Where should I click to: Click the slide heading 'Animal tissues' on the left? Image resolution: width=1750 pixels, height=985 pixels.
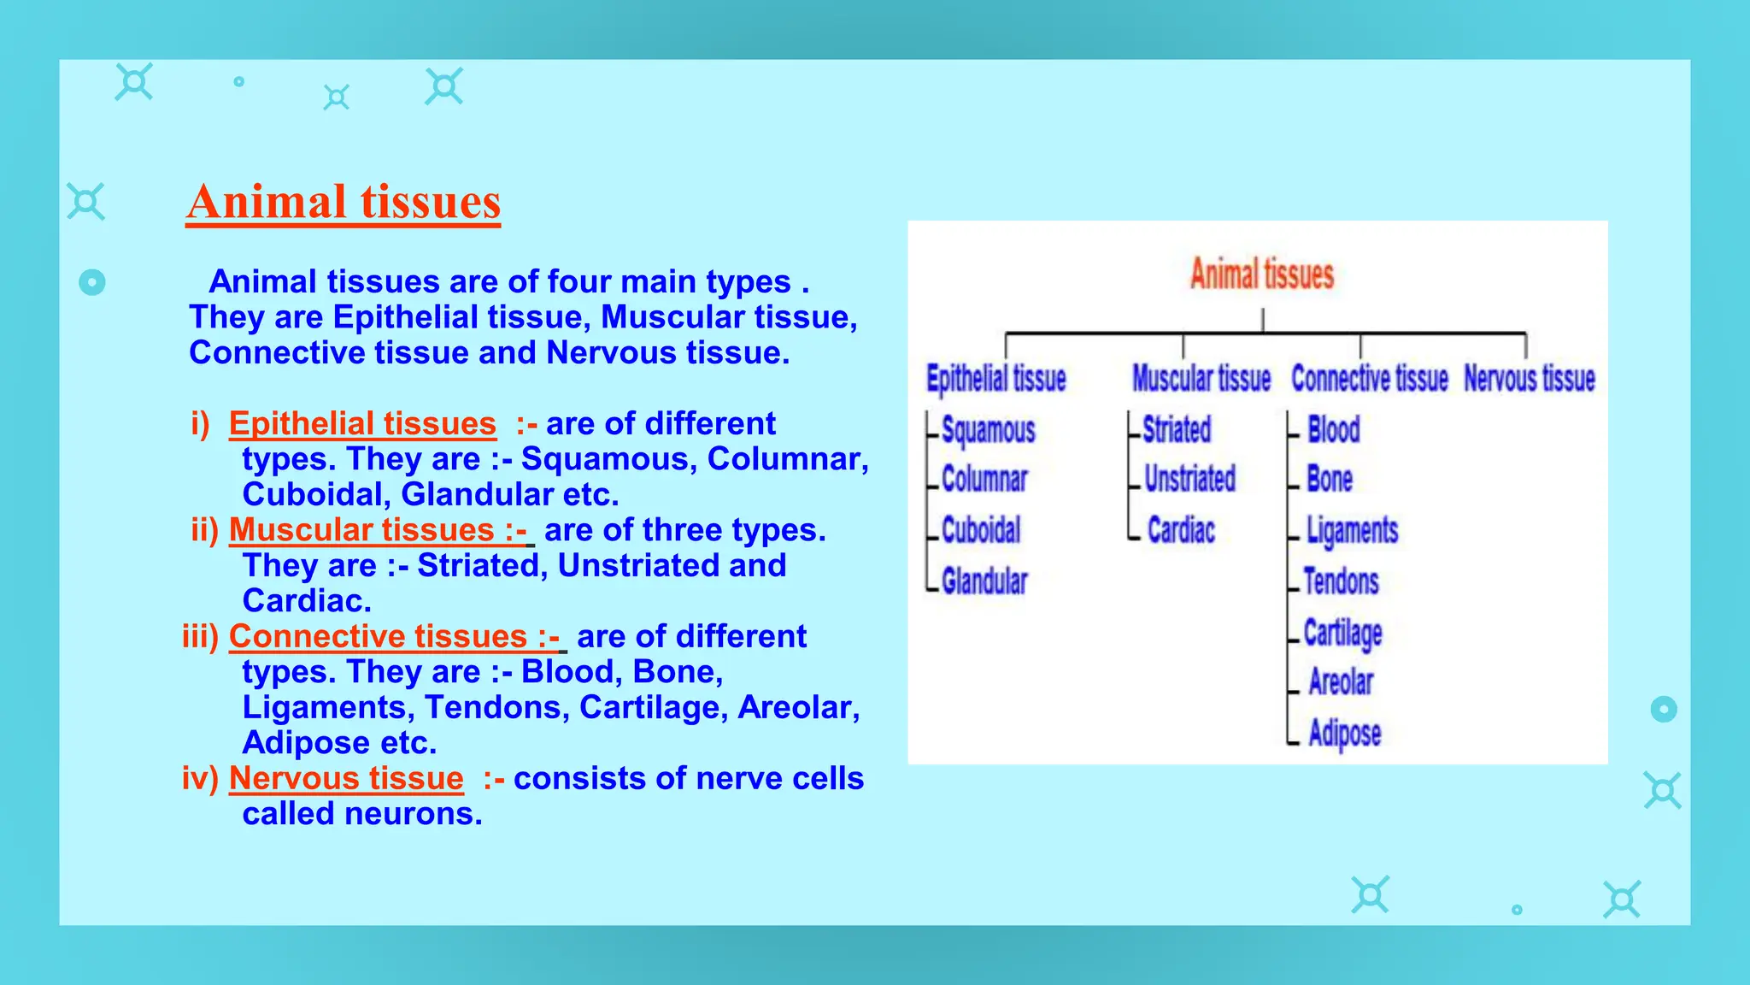344,203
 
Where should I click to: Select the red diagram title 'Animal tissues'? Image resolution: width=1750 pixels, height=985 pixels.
1261,274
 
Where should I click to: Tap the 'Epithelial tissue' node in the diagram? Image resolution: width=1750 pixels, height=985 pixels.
996,378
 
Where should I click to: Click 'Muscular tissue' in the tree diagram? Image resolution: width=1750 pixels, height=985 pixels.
1201,378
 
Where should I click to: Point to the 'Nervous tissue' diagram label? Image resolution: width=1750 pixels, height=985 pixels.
1529,378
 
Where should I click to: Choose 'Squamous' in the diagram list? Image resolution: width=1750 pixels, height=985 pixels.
988,430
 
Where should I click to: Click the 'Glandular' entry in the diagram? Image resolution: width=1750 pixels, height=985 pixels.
984,581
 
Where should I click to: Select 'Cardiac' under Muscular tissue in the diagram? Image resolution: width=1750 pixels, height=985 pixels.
1181,530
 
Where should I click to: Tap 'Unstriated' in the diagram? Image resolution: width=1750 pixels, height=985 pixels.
1189,479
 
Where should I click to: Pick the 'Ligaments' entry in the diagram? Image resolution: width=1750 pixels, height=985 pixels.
1352,530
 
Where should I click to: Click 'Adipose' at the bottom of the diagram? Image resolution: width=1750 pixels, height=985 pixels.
1344,733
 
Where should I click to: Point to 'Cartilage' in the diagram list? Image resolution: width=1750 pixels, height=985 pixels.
1342,633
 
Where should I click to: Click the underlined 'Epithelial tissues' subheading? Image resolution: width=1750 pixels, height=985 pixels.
362,424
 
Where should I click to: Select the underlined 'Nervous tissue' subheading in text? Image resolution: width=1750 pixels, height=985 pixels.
346,778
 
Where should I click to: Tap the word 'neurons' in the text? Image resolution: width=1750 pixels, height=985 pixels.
414,814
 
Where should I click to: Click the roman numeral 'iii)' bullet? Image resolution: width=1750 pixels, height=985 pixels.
201,636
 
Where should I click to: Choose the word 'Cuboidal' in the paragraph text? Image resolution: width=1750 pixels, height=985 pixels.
312,494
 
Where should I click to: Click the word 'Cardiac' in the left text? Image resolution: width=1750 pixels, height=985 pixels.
307,600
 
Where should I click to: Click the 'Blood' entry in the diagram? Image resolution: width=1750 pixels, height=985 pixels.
1333,430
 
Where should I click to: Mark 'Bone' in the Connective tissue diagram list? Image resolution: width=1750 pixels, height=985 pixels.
1330,480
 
